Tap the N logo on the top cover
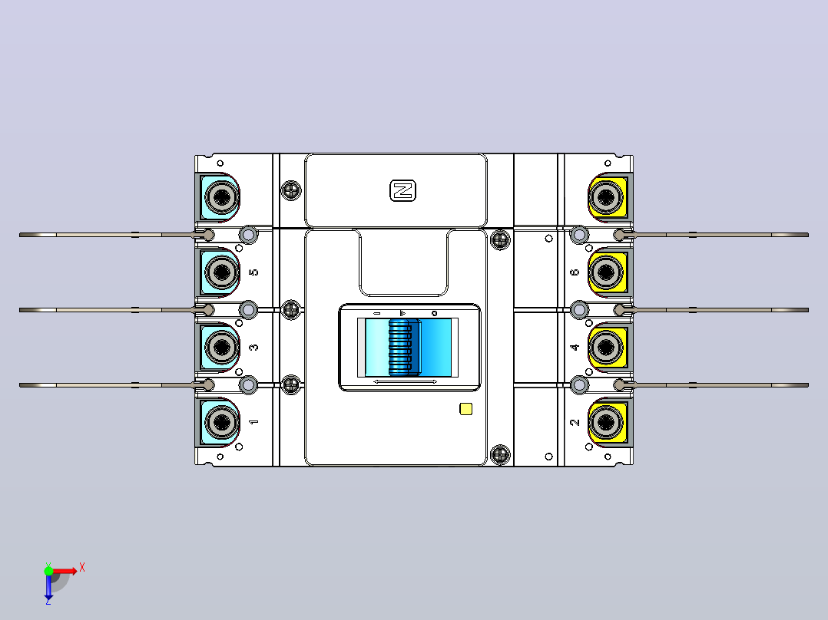coord(403,190)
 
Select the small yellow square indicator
coord(465,409)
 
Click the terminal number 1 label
coord(253,422)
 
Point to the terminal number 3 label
coord(253,347)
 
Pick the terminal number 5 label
coord(253,272)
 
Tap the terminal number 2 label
coord(575,422)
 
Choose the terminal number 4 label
coord(575,347)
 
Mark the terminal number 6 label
coord(575,272)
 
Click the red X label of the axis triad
coord(82,568)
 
